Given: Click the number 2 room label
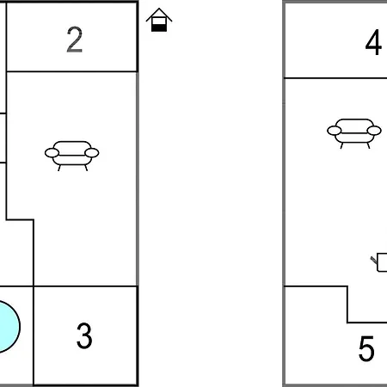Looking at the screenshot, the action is tap(75, 40).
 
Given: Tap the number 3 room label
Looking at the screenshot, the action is tap(84, 335).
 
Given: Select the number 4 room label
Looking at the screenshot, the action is tap(373, 42).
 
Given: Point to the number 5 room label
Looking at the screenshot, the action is tap(366, 348).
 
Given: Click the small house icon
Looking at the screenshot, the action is tap(159, 20).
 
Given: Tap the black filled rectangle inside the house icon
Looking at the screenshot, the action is tap(159, 28).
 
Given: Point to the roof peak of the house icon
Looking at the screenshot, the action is tap(159, 9).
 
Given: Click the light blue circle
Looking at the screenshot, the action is tap(9, 327).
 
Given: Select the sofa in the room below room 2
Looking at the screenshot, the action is tap(72, 156).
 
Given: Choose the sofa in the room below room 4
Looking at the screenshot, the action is tap(354, 133).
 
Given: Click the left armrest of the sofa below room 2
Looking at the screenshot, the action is tap(52, 153).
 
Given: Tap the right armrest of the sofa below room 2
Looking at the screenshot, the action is tap(92, 153).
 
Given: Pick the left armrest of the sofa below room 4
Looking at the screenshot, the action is tap(335, 131).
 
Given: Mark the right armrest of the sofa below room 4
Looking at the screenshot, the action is tap(374, 131).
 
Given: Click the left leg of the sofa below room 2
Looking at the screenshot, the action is tap(59, 168).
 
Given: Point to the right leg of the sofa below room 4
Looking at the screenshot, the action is tap(368, 145).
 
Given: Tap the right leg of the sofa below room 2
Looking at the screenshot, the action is tap(86, 168).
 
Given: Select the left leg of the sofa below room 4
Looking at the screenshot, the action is tap(341, 145).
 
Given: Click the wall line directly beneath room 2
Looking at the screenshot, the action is tap(71, 71).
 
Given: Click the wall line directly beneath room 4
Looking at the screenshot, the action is tap(335, 77).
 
